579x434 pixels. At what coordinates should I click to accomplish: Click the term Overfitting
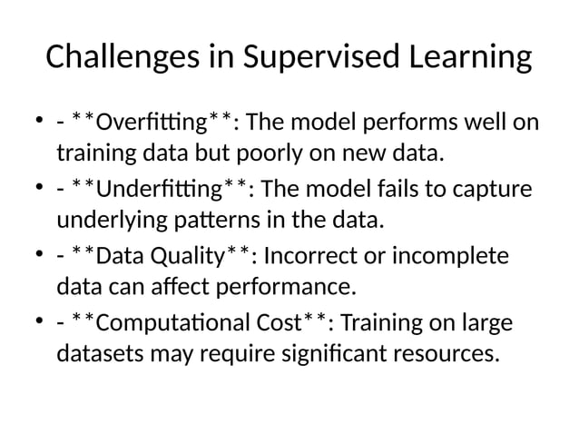point(162,121)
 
